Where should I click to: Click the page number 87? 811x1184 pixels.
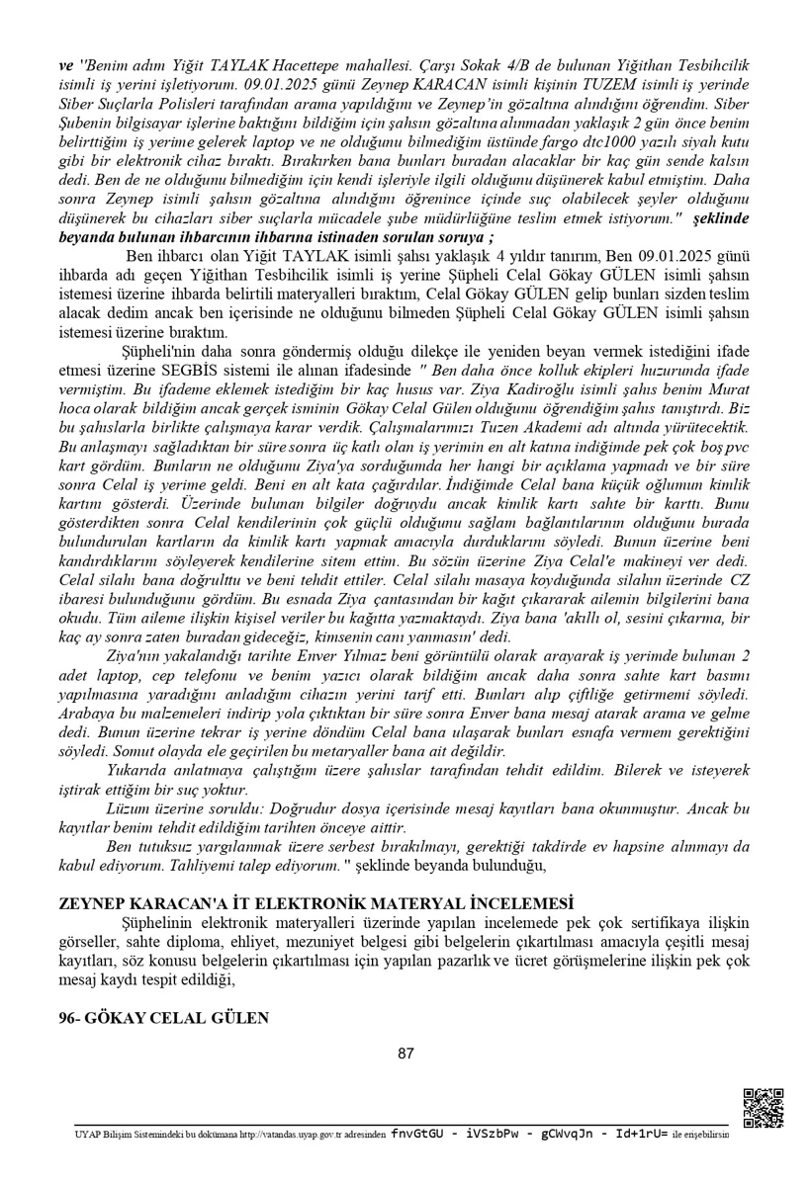405,1054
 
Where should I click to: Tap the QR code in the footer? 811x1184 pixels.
763,1107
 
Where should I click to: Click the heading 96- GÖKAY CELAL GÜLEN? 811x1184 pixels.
163,1017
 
